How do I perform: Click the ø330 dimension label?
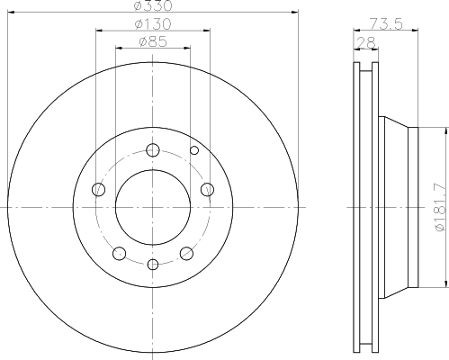coord(153,5)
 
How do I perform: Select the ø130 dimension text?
coord(153,24)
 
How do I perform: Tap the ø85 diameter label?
coord(153,41)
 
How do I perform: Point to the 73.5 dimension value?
coord(386,24)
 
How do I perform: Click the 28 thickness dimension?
coord(366,42)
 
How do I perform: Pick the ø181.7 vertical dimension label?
coord(440,207)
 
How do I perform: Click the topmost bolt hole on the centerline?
coord(153,150)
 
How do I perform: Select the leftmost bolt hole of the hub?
coord(99,190)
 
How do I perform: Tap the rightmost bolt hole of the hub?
coord(207,190)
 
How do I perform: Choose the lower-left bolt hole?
coord(119,254)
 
